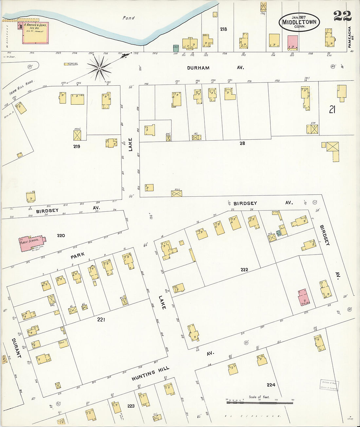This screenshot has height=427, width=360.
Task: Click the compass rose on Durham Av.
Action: pyautogui.click(x=99, y=68)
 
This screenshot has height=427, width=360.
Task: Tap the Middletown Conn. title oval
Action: pyautogui.click(x=299, y=22)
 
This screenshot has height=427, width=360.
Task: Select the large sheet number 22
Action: pyautogui.click(x=342, y=15)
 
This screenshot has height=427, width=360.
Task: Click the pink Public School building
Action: pyautogui.click(x=31, y=243)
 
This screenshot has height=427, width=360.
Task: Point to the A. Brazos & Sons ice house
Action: pyautogui.click(x=35, y=33)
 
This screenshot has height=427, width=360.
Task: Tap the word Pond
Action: pyautogui.click(x=129, y=18)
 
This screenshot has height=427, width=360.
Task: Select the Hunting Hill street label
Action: pyautogui.click(x=151, y=373)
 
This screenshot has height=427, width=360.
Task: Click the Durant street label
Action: pyautogui.click(x=16, y=348)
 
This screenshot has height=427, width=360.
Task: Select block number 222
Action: pyautogui.click(x=244, y=270)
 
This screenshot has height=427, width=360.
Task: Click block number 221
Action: pyautogui.click(x=101, y=319)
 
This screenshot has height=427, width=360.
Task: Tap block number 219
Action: pyautogui.click(x=77, y=146)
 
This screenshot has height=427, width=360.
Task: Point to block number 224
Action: pyautogui.click(x=271, y=385)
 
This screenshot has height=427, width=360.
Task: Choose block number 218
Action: pyautogui.click(x=223, y=29)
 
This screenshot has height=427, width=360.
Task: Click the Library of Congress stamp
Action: pyautogui.click(x=329, y=385)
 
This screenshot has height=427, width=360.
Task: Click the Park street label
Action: pyautogui.click(x=78, y=256)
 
